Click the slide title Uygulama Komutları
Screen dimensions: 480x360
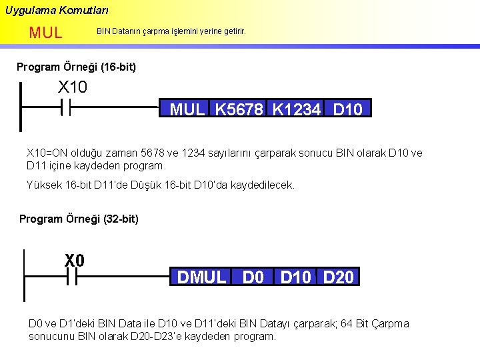click(57, 11)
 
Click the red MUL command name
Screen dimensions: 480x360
click(45, 32)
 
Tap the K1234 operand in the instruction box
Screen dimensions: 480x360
click(297, 109)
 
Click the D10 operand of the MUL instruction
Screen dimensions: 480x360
click(347, 109)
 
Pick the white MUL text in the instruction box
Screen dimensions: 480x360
click(187, 109)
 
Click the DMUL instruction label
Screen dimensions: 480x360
click(202, 277)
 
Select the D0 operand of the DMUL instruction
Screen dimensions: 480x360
click(253, 277)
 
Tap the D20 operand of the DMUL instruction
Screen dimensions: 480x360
click(338, 277)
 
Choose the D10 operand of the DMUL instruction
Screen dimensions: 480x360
click(295, 277)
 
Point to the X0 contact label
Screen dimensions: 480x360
click(75, 261)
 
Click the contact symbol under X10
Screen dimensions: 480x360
click(66, 107)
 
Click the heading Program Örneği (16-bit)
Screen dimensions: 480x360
click(76, 67)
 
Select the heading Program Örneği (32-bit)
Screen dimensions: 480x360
click(79, 219)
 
